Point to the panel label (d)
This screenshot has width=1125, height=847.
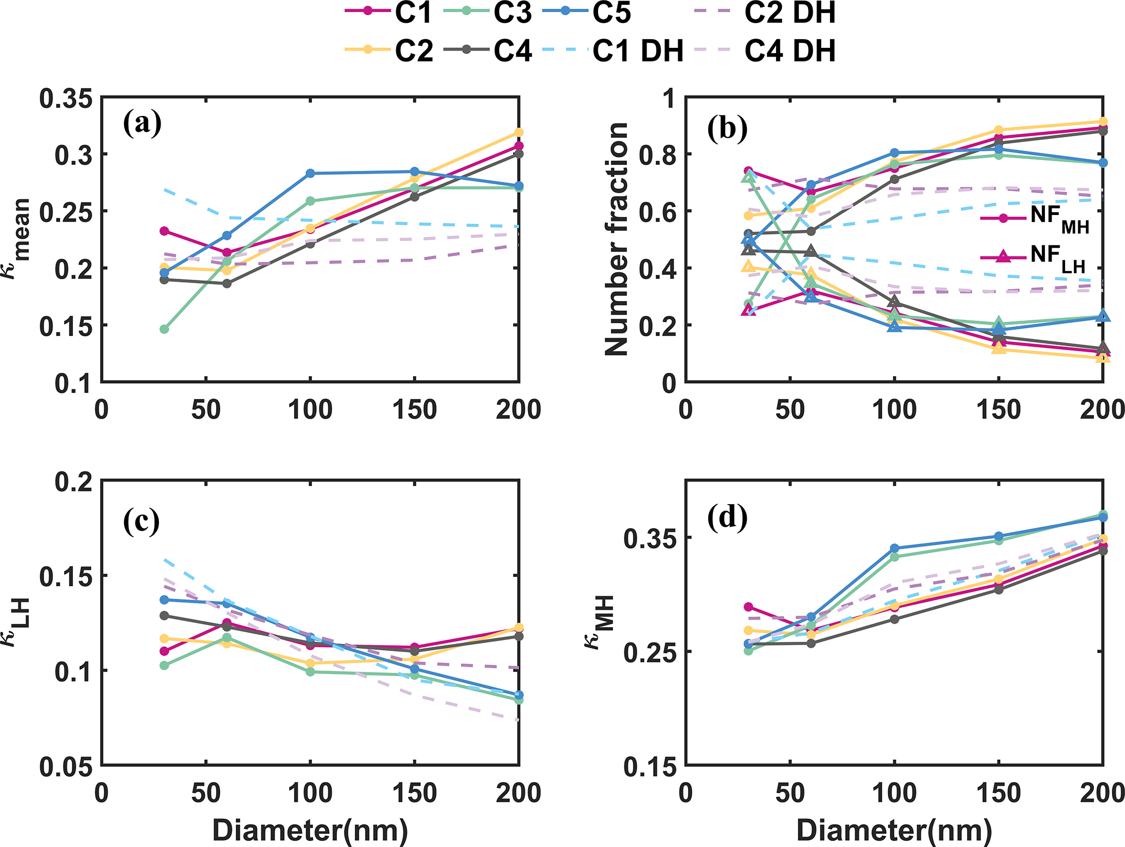point(727,519)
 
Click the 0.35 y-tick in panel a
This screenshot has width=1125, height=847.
point(73,99)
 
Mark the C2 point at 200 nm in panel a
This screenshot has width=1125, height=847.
point(519,132)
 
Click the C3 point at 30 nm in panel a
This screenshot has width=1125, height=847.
point(164,329)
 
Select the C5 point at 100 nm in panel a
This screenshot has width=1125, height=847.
point(310,174)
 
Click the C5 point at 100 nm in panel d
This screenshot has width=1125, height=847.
point(894,548)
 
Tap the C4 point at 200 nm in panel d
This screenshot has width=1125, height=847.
point(1103,551)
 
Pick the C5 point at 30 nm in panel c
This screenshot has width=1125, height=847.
point(164,600)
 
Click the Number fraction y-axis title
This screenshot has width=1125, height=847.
point(617,240)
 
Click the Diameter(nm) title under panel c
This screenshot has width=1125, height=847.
point(310,831)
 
